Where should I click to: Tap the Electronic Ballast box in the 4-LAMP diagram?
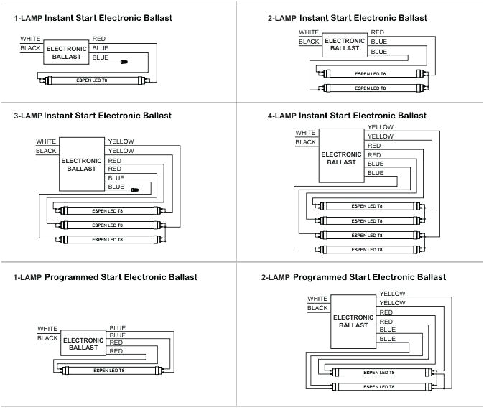341,158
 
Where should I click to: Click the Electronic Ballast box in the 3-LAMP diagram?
82,164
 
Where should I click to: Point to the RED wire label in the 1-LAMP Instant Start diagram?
99,37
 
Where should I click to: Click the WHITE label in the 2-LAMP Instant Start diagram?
309,32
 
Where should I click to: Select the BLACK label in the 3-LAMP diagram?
46,151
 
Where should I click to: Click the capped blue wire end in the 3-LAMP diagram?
134,189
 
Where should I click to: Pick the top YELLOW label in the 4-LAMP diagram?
380,127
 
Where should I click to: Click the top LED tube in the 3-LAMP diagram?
108,211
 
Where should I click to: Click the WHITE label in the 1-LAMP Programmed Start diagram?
47,329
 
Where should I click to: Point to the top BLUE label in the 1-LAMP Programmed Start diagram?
117,328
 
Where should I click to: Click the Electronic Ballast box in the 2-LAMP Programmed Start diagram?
353,321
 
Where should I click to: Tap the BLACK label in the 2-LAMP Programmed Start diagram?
317,308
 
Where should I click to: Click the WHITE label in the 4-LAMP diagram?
305,133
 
